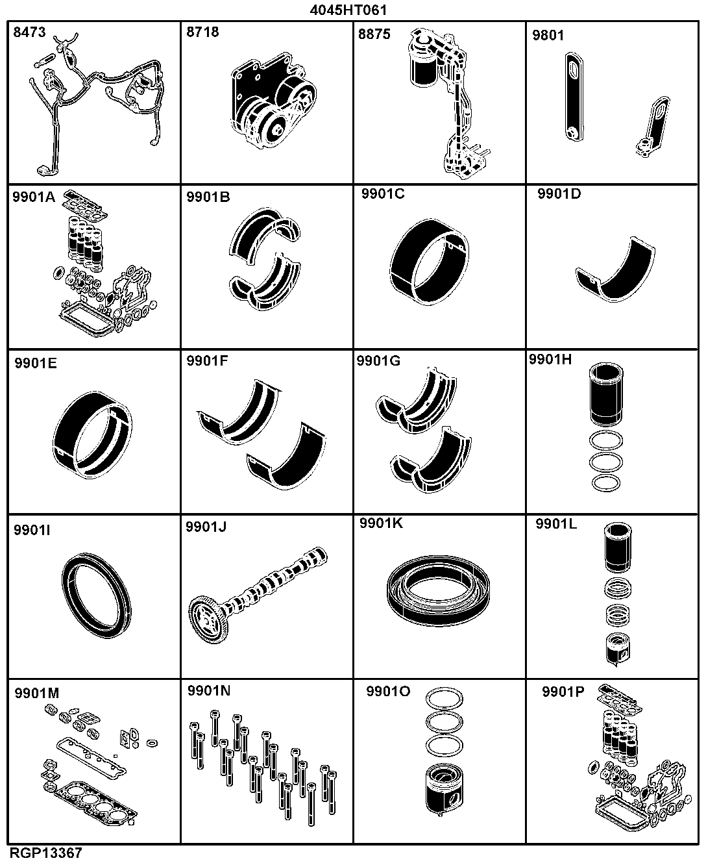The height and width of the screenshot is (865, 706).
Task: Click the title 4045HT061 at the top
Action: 348,10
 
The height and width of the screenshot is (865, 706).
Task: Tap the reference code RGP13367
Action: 46,853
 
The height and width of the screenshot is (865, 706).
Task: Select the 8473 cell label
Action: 29,32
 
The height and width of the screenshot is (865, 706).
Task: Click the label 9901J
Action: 206,527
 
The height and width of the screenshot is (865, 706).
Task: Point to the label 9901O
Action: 388,691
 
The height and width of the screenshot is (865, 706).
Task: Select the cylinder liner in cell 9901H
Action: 606,394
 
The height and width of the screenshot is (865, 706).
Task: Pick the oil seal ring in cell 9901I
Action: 97,595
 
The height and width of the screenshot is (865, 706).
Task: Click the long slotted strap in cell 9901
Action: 574,97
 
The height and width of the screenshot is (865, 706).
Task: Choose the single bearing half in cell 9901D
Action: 615,270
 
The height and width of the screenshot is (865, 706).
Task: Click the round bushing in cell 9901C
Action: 430,261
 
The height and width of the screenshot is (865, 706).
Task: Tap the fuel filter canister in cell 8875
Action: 424,60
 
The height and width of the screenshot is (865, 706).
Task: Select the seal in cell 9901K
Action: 438,591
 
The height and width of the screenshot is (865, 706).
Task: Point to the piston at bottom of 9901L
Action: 618,649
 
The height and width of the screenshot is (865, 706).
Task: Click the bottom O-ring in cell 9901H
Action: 606,483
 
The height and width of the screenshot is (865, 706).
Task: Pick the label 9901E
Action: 36,363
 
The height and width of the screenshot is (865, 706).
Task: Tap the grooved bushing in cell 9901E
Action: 93,434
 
